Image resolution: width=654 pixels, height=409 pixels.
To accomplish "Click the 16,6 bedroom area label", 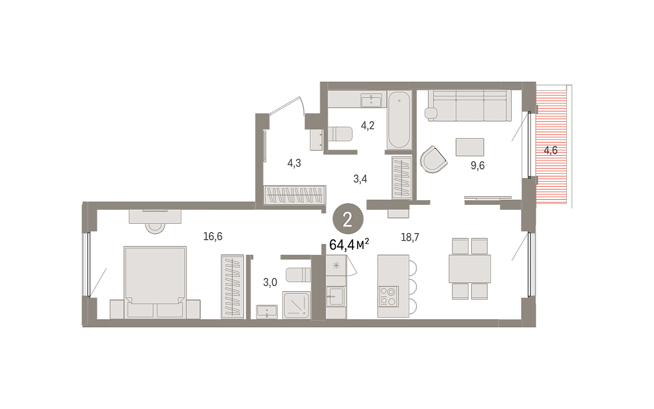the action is tap(213, 236).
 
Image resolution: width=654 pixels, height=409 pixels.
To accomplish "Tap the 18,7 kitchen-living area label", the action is tap(410, 237).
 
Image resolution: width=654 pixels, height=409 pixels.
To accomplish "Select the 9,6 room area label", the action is tap(477, 166).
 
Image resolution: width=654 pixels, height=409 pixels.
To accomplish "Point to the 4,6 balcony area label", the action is tap(550, 150).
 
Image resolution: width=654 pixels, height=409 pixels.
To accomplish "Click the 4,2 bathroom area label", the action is tap(367, 126).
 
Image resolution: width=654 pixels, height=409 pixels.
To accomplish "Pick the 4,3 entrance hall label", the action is tap(294, 163).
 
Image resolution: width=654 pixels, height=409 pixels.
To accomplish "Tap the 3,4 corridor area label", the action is tap(360, 179).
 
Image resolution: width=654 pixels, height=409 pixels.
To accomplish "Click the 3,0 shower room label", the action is tap(270, 283).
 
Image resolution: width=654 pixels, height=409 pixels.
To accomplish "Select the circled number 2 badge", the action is tap(348, 219).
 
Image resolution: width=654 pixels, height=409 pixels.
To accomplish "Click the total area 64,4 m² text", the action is tap(349, 245).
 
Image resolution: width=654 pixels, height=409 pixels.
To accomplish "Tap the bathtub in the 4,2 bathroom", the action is tap(399, 120).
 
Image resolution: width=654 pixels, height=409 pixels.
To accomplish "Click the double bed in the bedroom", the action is tap(155, 283).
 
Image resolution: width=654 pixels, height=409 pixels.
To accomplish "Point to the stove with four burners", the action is tap(388, 296).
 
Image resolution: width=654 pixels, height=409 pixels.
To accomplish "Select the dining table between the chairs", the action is tap(469, 268).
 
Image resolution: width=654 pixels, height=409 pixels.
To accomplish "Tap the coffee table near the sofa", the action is tap(469, 147).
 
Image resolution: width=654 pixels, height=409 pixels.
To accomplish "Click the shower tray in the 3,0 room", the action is tap(296, 304).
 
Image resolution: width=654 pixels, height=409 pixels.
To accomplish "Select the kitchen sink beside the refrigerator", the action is tap(336, 296).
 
